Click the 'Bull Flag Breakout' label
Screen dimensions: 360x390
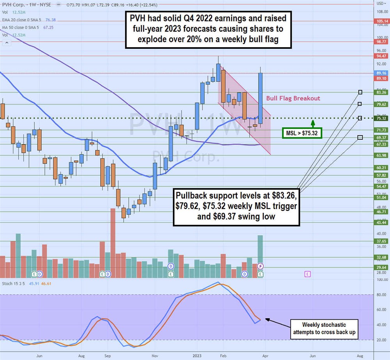[293, 98]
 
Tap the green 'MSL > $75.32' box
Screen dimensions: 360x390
[302, 133]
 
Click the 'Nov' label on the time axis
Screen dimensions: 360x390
[155, 356]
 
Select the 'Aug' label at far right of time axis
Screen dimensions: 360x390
[360, 356]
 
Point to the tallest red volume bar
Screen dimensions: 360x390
[113, 242]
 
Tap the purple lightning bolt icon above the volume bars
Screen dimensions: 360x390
[261, 266]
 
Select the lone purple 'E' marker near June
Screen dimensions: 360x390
[307, 274]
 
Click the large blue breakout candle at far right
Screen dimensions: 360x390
[260, 98]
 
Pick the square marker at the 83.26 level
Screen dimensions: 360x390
[360, 92]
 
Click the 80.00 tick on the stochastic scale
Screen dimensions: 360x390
[380, 295]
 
